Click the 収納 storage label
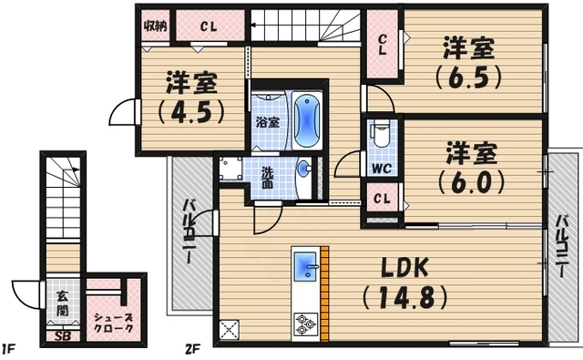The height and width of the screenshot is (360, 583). [x=154, y=25]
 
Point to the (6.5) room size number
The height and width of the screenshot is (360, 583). [x=468, y=77]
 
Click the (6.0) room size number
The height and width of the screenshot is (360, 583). [x=469, y=180]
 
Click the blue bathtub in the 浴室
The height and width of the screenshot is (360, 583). [x=308, y=122]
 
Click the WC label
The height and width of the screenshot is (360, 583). [x=381, y=169]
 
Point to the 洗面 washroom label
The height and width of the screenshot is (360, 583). [x=268, y=177]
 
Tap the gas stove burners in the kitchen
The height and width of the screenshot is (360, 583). [x=304, y=323]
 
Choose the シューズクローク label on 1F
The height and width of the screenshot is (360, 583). [x=114, y=322]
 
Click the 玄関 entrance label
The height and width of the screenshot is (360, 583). [x=60, y=303]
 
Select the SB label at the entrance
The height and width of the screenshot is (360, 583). [x=62, y=335]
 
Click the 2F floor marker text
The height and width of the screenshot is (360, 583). [x=192, y=348]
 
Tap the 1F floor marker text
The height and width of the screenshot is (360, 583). [x=8, y=348]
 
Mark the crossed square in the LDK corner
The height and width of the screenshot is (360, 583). [x=227, y=330]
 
